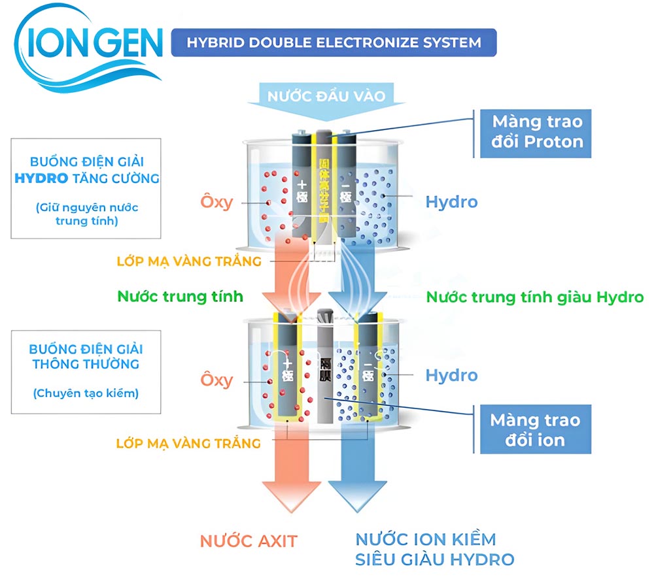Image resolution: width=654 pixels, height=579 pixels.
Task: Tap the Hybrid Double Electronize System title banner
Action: coord(334,43)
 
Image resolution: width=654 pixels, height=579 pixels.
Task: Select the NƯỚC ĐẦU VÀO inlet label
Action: coord(326,96)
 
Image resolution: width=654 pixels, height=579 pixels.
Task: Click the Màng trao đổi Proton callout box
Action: coord(537,131)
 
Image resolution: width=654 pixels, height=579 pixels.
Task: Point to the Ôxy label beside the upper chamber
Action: coord(216,201)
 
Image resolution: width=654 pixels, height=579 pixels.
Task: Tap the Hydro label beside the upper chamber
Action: coord(451,201)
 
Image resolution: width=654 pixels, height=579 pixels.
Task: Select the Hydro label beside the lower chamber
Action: coord(451,375)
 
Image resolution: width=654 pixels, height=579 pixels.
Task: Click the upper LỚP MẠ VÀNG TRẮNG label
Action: coord(188,261)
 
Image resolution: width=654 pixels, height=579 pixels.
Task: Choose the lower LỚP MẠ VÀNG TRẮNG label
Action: coord(188,443)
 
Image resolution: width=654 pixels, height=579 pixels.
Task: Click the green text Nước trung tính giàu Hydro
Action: coord(535,297)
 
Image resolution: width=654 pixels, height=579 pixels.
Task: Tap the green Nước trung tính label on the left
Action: coord(181,296)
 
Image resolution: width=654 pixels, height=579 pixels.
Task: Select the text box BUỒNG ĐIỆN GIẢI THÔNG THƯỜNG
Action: coord(86,370)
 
